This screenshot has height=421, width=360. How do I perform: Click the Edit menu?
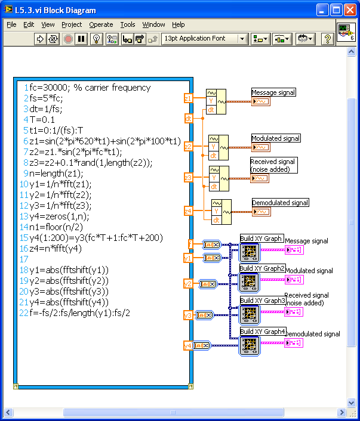pyautogui.click(x=29, y=24)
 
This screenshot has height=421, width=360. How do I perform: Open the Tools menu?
pyautogui.click(x=128, y=24)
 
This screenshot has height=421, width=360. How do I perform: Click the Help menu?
pyautogui.click(x=179, y=24)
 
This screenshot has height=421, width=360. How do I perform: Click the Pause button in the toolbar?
pyautogui.click(x=81, y=39)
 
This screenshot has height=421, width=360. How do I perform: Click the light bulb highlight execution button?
pyautogui.click(x=95, y=39)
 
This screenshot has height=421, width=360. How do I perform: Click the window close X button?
pyautogui.click(x=350, y=10)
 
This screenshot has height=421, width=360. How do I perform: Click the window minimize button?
pyautogui.click(x=323, y=10)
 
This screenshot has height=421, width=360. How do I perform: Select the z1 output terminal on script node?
pyautogui.click(x=188, y=98)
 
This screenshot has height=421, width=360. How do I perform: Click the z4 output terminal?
pyautogui.click(x=188, y=210)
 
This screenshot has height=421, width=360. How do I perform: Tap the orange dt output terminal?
pyautogui.click(x=189, y=118)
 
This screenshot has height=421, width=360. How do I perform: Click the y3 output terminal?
pyautogui.click(x=188, y=315)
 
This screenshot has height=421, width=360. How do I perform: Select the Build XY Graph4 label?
pyautogui.click(x=263, y=332)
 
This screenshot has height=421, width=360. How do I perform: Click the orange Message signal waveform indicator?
pyautogui.click(x=261, y=101)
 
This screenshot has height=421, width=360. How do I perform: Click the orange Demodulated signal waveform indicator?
pyautogui.click(x=261, y=212)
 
